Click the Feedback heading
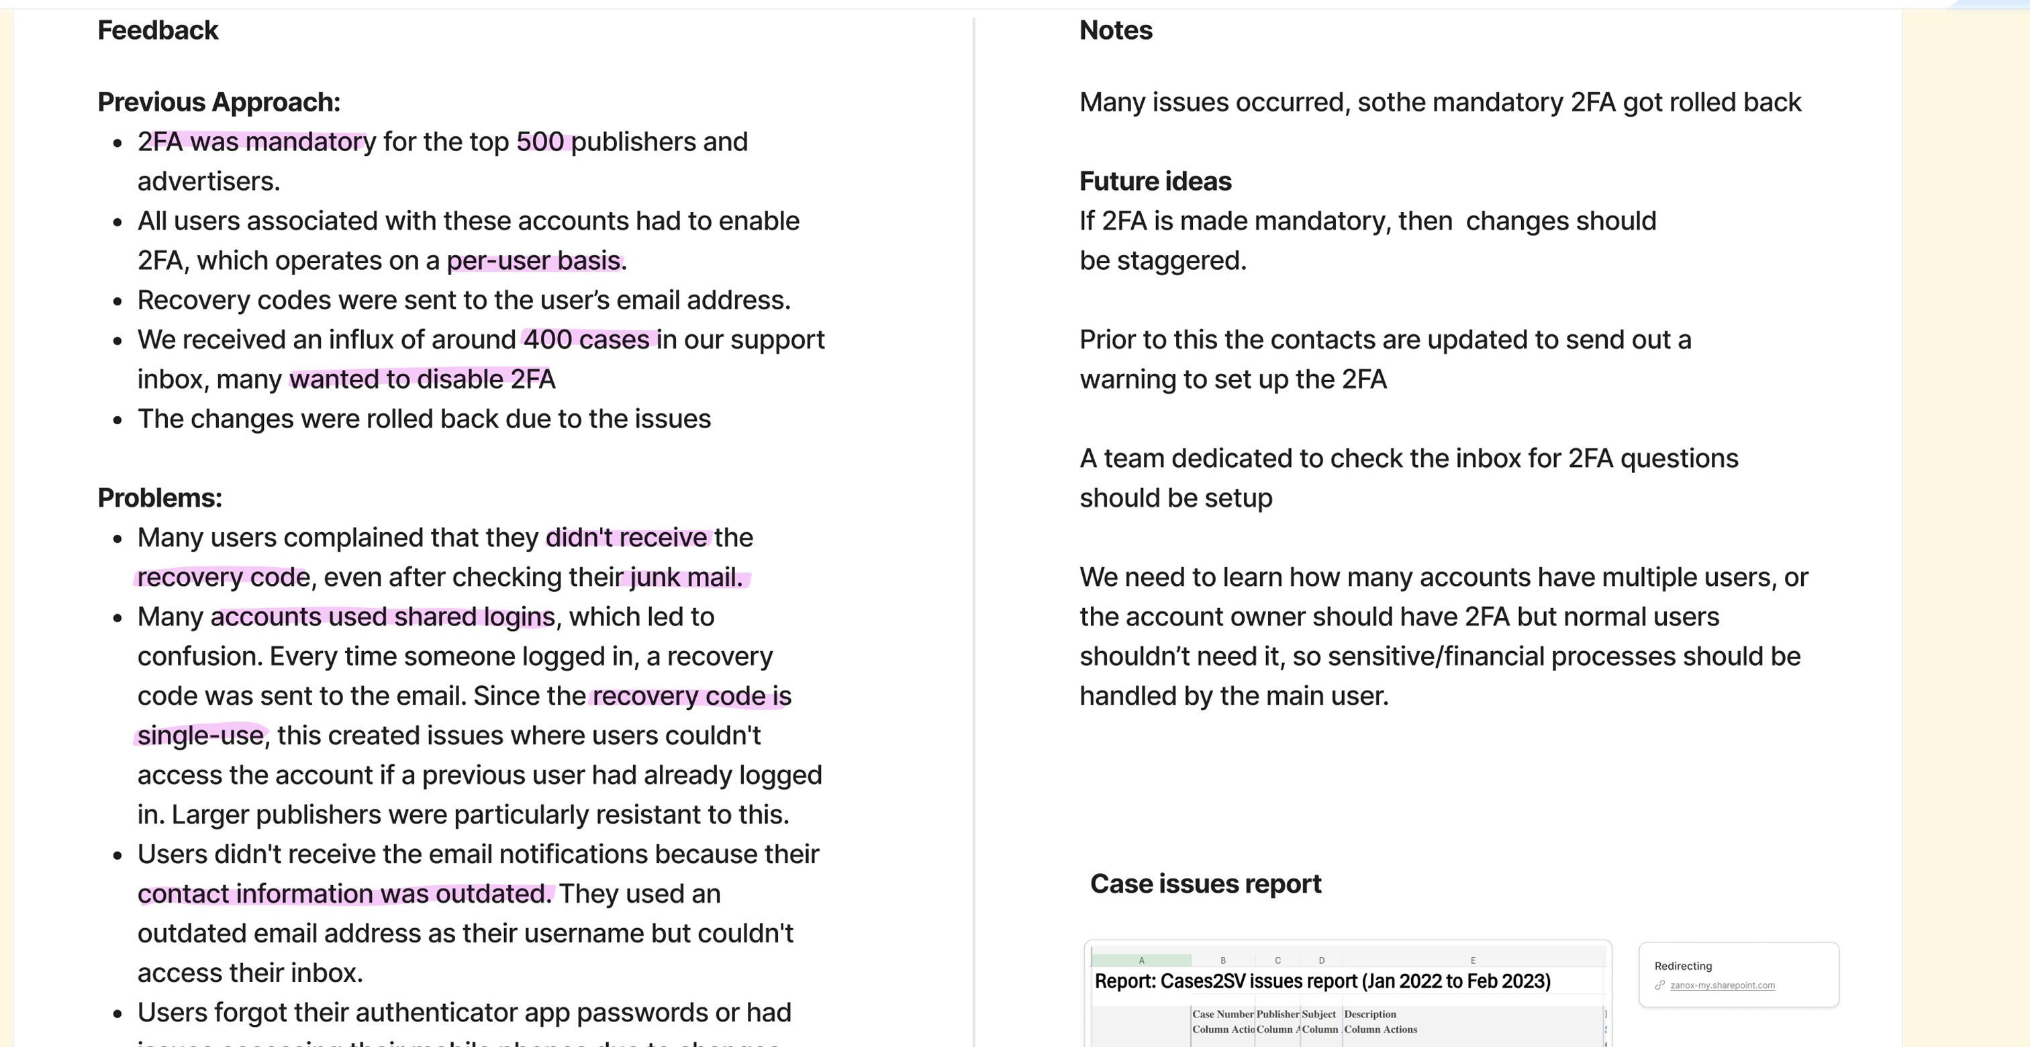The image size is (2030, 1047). pos(158,31)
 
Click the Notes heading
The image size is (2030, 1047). pos(1115,31)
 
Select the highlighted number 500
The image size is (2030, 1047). pos(540,142)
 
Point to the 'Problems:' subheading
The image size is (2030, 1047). pos(159,498)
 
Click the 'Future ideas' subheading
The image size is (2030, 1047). pos(1155,181)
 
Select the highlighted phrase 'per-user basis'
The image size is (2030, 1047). pos(534,261)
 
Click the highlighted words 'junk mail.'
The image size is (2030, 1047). pos(685,577)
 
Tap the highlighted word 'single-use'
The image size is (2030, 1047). pos(200,736)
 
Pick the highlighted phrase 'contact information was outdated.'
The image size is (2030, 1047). pos(344,894)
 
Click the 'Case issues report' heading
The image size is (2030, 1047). pos(1205,884)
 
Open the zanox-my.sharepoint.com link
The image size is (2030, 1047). pos(1722,985)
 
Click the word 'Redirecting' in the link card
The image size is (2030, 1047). pos(1682,966)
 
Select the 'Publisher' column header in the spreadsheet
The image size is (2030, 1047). pos(1277,1015)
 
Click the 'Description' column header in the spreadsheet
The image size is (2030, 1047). pos(1369,1015)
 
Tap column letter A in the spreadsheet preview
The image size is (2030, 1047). pos(1141,961)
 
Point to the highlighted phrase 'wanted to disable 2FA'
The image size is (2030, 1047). pos(422,380)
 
